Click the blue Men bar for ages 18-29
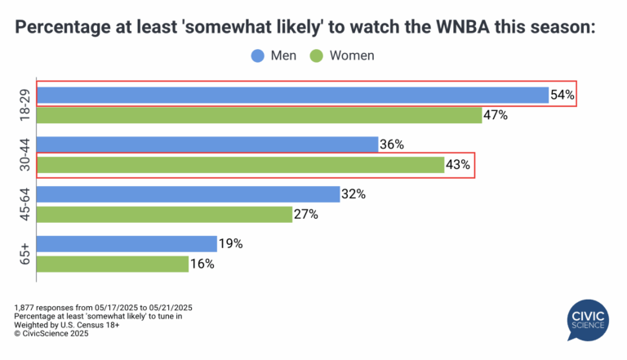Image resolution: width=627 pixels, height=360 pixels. tap(292, 95)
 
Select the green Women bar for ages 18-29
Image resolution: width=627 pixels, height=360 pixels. tap(260, 115)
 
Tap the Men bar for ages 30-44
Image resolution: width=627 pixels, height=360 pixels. tap(207, 144)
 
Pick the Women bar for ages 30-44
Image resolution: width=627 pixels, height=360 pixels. tap(241, 165)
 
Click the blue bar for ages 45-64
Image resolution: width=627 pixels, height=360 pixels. tap(189, 194)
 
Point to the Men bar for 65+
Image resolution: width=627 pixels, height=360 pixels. tap(127, 244)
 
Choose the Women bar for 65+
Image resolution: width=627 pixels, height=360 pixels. tap(113, 264)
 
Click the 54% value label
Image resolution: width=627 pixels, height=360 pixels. tap(563, 95)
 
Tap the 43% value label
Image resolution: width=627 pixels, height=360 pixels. tap(459, 165)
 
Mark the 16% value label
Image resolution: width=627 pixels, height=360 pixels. tap(202, 264)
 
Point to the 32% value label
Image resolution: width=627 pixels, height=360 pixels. tap(354, 194)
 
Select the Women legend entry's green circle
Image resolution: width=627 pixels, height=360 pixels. tap(316, 56)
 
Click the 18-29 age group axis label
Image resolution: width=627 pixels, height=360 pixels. tap(24, 105)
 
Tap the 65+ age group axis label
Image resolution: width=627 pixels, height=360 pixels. tap(24, 254)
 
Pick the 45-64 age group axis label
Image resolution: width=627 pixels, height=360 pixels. tap(24, 204)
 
